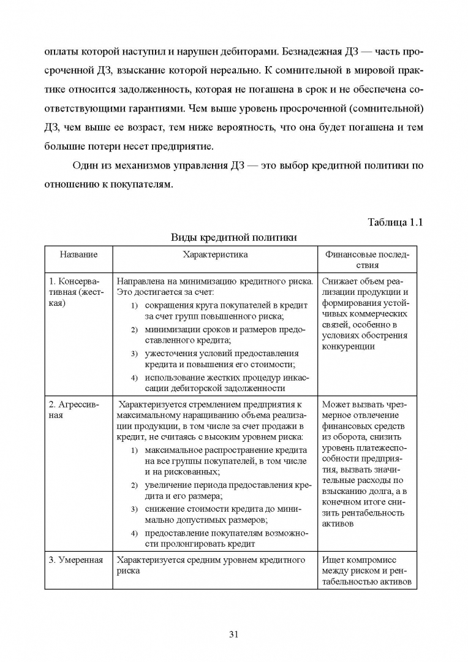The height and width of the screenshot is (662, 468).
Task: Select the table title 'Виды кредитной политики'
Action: coord(233,238)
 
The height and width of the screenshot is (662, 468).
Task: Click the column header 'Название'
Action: coord(78,254)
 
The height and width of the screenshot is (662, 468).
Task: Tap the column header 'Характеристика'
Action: coord(215,254)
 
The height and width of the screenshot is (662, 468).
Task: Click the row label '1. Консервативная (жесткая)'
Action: coord(77,292)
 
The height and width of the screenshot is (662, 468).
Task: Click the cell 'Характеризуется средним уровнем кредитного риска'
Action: coord(211,565)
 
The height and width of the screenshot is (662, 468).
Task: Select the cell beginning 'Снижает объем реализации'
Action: coord(364,314)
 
